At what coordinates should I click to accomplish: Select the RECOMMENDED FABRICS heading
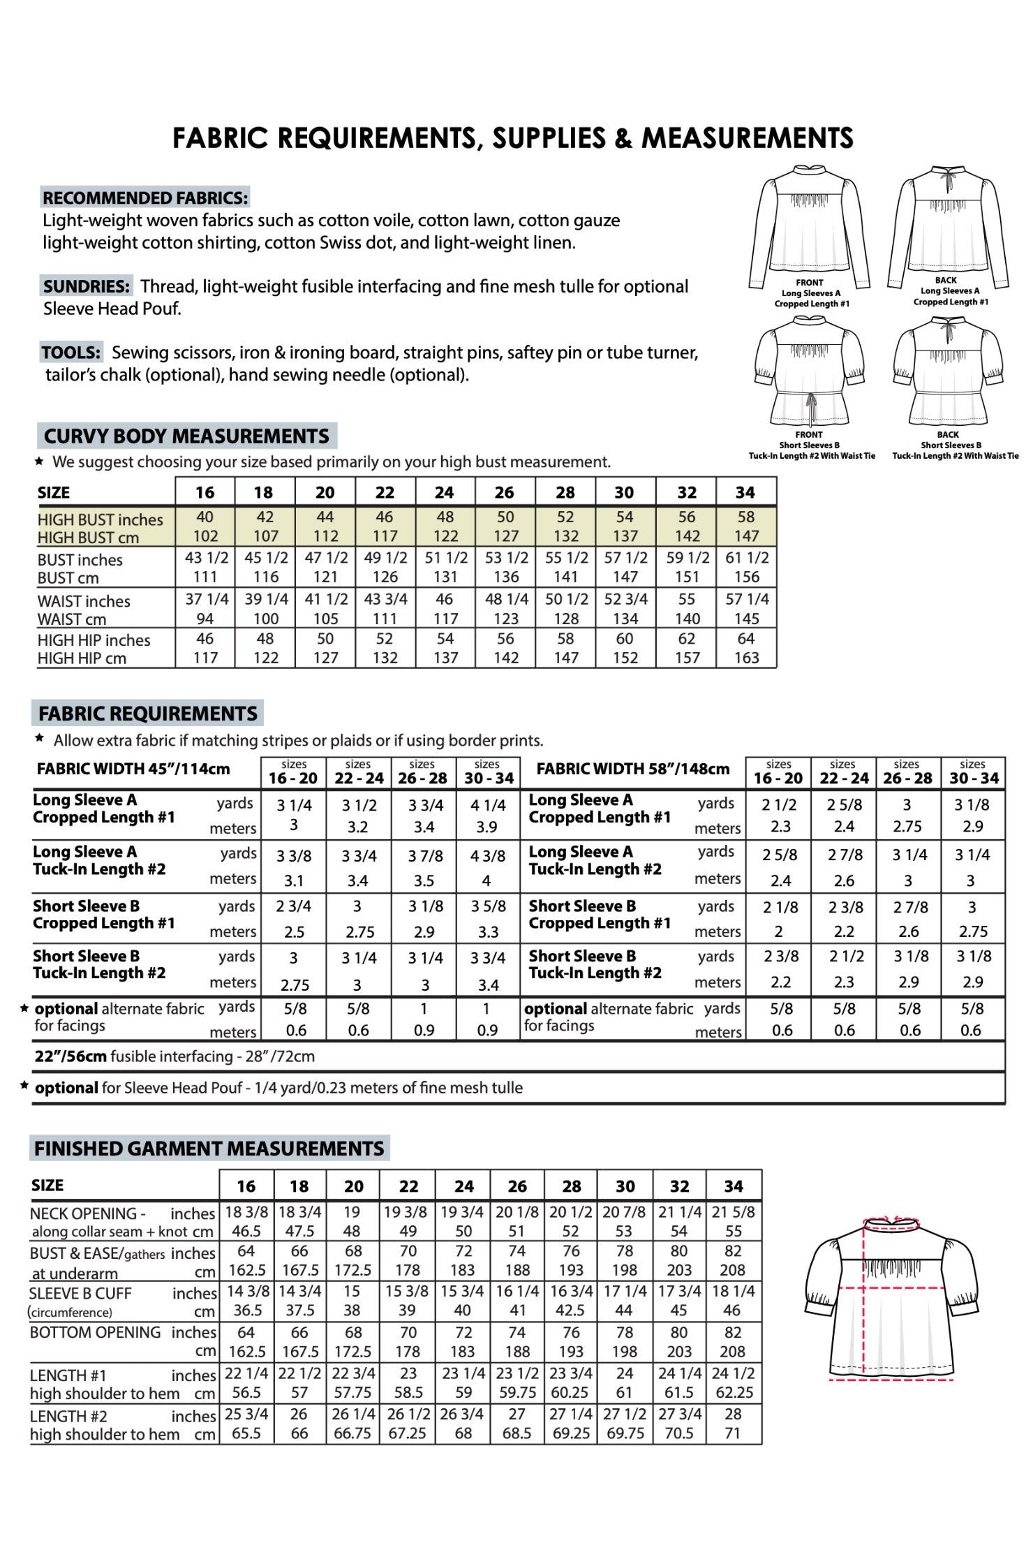pyautogui.click(x=145, y=198)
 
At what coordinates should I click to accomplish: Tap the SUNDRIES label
pyautogui.click(x=87, y=286)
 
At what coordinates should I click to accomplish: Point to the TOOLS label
pyautogui.click(x=71, y=352)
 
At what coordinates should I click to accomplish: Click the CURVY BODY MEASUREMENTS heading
pyautogui.click(x=186, y=436)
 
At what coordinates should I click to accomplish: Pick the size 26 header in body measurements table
pyautogui.click(x=505, y=492)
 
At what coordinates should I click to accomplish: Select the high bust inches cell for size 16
pyautogui.click(x=205, y=517)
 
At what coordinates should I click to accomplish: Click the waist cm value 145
pyautogui.click(x=746, y=619)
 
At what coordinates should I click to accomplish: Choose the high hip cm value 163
pyautogui.click(x=746, y=658)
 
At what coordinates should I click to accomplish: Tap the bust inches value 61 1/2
pyautogui.click(x=747, y=558)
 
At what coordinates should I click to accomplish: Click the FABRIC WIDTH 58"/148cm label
pyautogui.click(x=632, y=769)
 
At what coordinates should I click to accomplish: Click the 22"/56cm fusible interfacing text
pyautogui.click(x=174, y=1056)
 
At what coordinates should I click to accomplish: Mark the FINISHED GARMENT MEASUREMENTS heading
pyautogui.click(x=209, y=1149)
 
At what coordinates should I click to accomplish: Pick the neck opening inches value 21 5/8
pyautogui.click(x=734, y=1212)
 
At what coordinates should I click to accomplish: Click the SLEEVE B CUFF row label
pyautogui.click(x=81, y=1293)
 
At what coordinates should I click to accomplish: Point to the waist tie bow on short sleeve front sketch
pyautogui.click(x=810, y=402)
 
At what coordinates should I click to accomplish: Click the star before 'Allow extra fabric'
pyautogui.click(x=40, y=739)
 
